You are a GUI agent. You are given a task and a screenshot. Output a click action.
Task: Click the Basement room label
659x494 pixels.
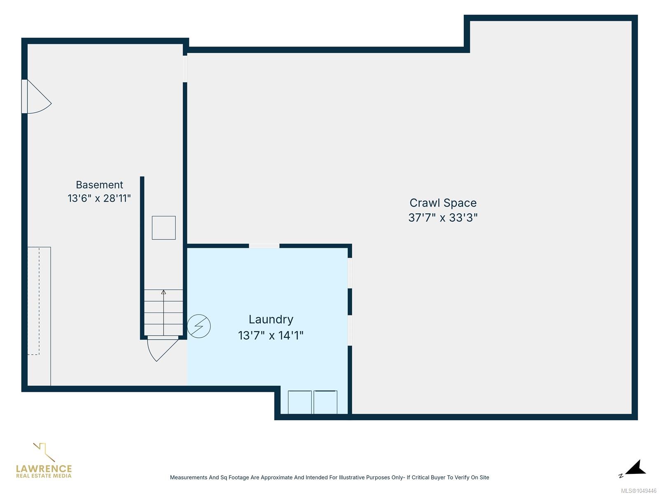[99, 185]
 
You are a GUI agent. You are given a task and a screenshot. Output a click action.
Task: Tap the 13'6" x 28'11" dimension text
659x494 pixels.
[99, 198]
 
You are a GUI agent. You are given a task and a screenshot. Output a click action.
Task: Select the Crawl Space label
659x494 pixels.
[443, 203]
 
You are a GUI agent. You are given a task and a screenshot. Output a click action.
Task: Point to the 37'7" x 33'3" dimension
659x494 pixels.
[443, 217]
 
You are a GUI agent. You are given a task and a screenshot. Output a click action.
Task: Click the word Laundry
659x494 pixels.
[271, 320]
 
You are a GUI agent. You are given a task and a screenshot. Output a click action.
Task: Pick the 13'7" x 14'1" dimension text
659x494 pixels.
[271, 336]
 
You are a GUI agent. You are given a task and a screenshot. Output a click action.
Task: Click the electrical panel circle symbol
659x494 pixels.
[199, 326]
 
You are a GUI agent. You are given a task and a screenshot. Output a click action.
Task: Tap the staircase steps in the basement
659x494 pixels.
[164, 312]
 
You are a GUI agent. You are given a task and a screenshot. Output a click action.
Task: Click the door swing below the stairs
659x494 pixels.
[162, 350]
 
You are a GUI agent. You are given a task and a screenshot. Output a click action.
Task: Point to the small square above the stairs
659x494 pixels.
[164, 228]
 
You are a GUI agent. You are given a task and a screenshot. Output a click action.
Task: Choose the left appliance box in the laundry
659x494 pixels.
[299, 402]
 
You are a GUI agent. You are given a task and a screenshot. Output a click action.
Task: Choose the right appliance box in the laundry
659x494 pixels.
[325, 402]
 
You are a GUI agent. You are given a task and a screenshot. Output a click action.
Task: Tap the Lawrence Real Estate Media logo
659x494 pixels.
[44, 461]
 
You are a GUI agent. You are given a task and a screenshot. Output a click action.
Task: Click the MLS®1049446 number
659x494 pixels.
[638, 491]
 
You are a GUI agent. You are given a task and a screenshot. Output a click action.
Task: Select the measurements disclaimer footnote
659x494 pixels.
[329, 478]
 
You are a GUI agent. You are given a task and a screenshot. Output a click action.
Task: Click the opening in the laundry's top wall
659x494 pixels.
[264, 246]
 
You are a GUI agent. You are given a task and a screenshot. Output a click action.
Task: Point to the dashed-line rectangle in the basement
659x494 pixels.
[33, 301]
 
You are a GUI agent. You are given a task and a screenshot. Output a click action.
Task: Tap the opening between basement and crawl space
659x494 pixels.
[185, 69]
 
